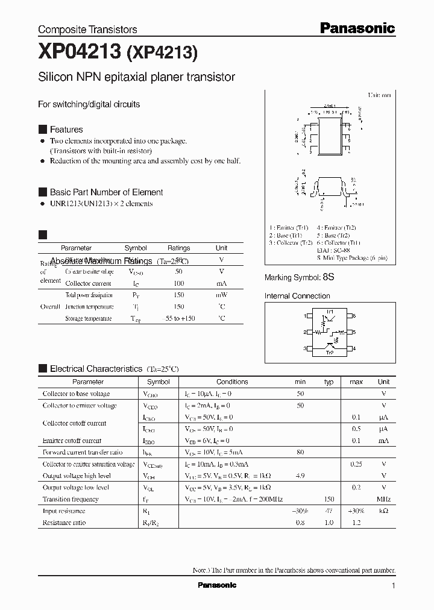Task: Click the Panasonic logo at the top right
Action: coord(357,28)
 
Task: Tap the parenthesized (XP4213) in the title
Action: coord(161,54)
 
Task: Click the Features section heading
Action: coord(66,130)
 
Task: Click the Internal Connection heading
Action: coord(297,296)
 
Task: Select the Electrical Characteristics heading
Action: coord(96,369)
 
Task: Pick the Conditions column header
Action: coord(232,382)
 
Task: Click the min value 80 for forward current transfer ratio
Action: coord(300,452)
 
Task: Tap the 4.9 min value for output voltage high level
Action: coord(300,476)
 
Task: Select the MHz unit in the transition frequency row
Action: coord(383,499)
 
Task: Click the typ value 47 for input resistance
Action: coord(329,511)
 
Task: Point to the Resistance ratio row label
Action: coord(64,523)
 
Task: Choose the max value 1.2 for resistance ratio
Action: coord(356,523)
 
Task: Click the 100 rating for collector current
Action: coord(178,283)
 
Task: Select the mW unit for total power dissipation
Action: coord(221,295)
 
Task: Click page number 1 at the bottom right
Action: coord(393,586)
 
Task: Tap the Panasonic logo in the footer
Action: coord(217,585)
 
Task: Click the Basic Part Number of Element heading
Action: coord(106,192)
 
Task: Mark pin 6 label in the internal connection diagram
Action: coord(354,316)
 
